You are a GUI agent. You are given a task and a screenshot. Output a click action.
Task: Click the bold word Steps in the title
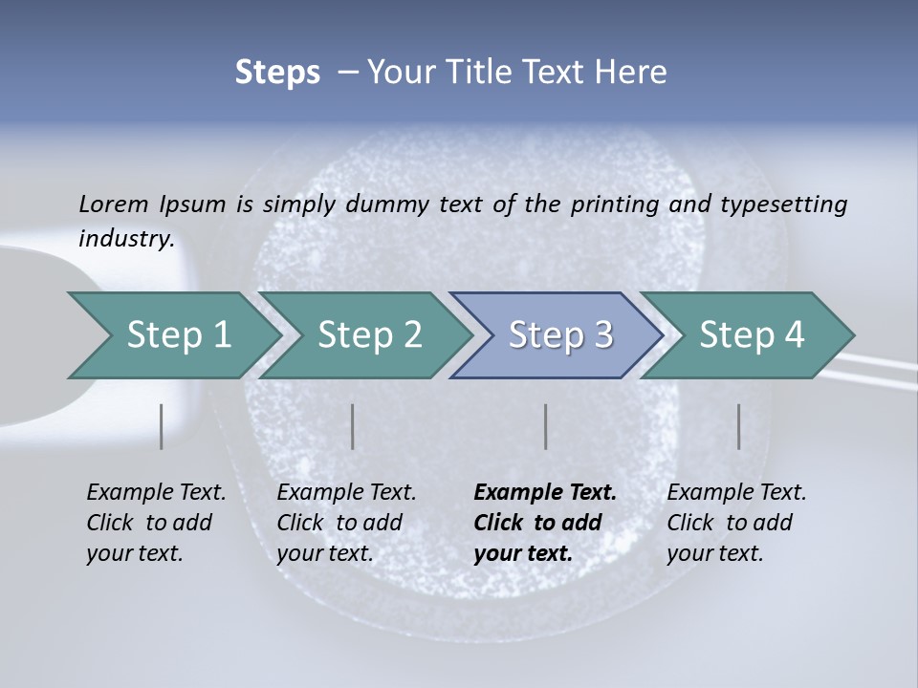click(x=277, y=73)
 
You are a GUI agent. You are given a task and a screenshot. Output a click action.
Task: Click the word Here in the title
click(x=634, y=73)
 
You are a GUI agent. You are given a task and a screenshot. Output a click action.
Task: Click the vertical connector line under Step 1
click(x=162, y=426)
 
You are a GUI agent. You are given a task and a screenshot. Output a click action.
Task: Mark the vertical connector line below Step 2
click(x=353, y=426)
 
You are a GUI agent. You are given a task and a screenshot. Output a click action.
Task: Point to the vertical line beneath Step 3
click(x=546, y=426)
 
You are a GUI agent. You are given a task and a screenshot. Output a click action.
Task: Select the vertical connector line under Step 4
click(x=739, y=426)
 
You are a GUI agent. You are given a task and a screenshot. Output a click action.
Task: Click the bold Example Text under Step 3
click(x=545, y=493)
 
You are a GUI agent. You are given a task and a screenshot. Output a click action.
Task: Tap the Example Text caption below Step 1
click(x=156, y=493)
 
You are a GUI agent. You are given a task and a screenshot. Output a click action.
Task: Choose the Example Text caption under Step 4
click(x=736, y=493)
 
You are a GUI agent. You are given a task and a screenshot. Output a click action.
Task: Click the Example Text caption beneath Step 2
click(x=346, y=493)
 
